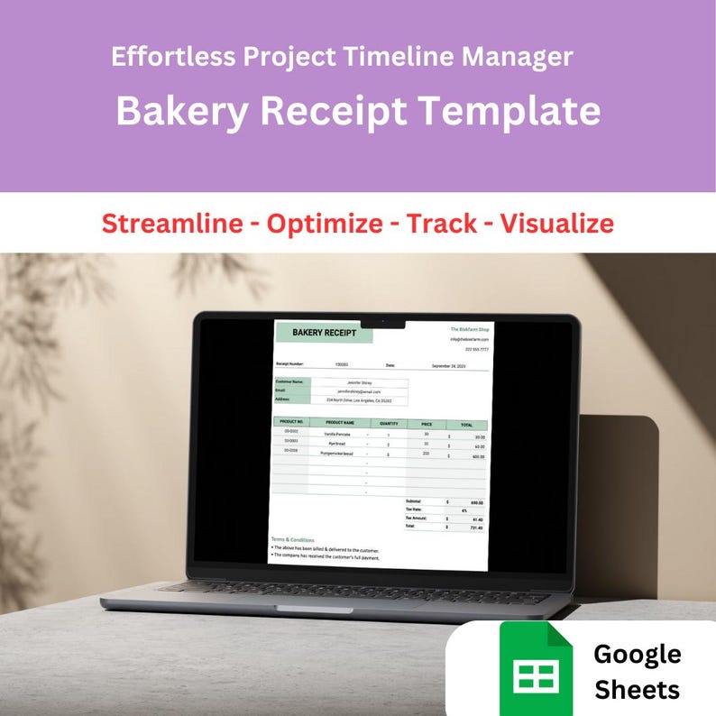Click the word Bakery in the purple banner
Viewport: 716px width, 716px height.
(x=184, y=112)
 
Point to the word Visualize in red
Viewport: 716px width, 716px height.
(x=557, y=223)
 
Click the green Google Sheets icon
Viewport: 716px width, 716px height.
(x=537, y=668)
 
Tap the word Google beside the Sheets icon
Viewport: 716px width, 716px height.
(x=638, y=654)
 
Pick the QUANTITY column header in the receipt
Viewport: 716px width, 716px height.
(x=389, y=423)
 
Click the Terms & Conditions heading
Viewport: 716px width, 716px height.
(x=293, y=540)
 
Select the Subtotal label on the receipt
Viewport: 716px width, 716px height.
(x=414, y=501)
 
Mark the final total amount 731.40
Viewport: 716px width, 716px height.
(x=477, y=527)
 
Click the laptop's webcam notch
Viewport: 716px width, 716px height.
(x=382, y=322)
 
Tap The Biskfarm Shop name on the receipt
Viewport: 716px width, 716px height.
(x=469, y=330)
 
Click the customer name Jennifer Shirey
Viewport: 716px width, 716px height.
(x=359, y=382)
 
